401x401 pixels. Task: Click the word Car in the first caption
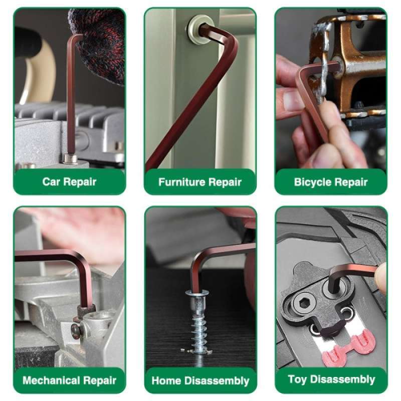pyautogui.click(x=51, y=182)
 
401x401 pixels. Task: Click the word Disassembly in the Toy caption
pyautogui.click(x=342, y=379)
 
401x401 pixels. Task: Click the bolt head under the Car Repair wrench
pyautogui.click(x=70, y=158)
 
